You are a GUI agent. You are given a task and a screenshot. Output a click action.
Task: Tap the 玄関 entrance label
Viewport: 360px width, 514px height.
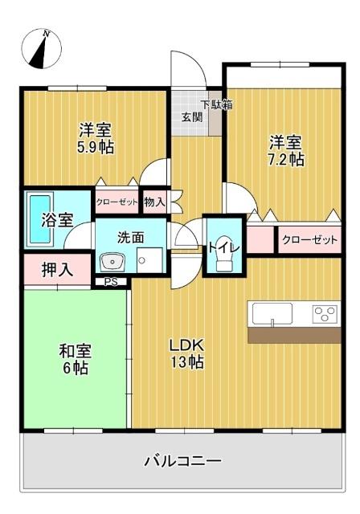click(191, 116)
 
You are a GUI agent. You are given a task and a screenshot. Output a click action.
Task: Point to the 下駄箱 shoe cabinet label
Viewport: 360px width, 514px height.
click(216, 104)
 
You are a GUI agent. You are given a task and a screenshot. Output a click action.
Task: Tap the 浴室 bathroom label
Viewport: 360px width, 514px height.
click(58, 218)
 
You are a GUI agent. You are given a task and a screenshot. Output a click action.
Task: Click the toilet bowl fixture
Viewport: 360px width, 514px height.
click(223, 261)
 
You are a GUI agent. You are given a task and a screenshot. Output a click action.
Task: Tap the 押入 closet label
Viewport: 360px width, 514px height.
click(58, 269)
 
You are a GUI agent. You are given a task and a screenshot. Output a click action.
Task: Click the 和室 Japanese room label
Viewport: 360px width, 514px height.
click(75, 350)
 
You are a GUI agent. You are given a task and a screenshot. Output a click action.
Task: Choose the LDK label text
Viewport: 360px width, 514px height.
click(186, 345)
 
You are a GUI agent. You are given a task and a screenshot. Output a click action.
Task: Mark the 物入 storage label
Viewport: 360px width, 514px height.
click(153, 202)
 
